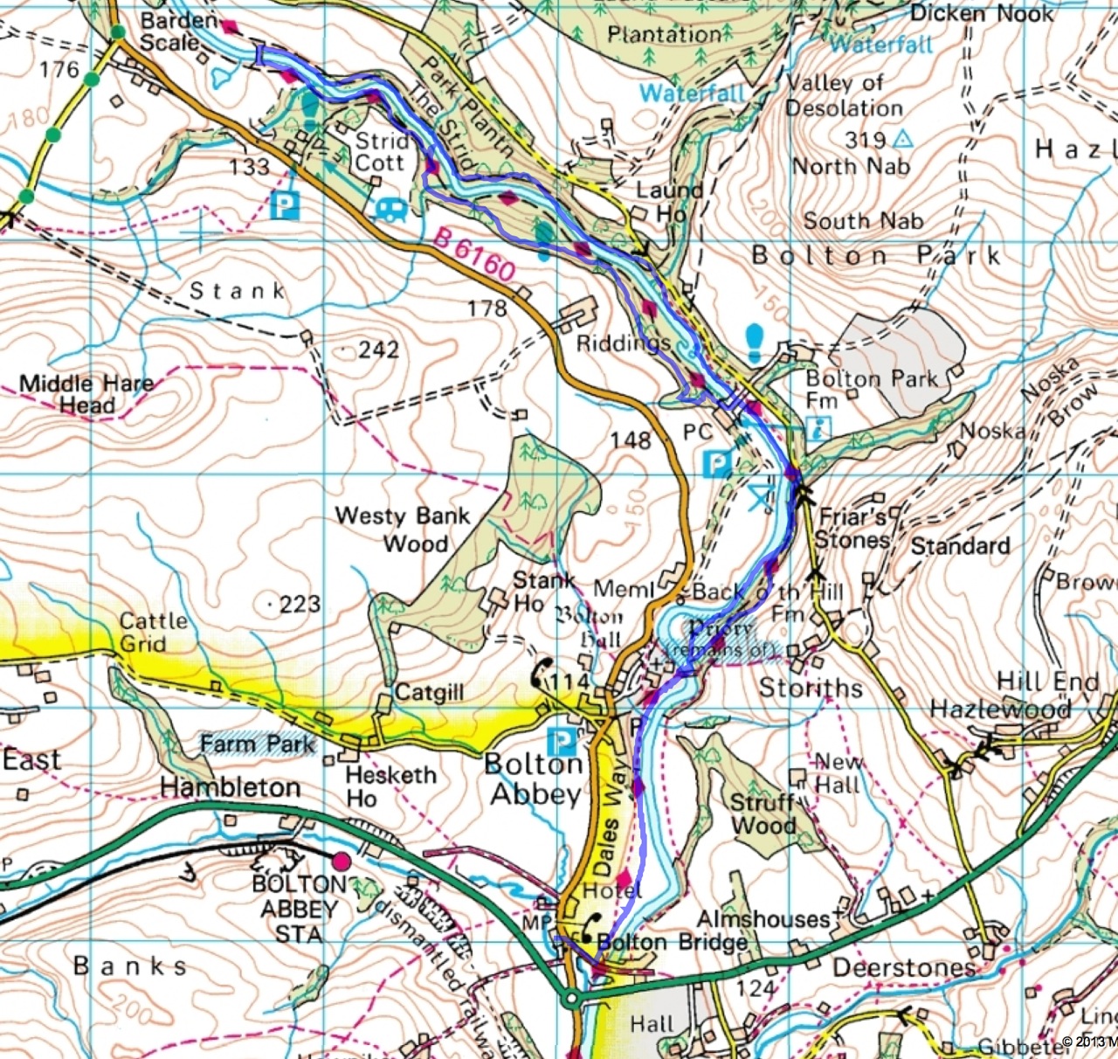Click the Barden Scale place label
point(178,31)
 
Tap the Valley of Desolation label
point(843,96)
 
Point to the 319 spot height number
point(865,139)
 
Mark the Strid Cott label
point(381,152)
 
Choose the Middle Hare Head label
point(86,394)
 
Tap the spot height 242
point(377,350)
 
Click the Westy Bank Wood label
point(403,529)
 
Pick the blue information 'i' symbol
point(819,427)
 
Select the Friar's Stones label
point(852,528)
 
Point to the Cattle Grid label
point(154,633)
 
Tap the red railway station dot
point(341,862)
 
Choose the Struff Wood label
point(763,813)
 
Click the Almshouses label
point(762,918)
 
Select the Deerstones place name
point(904,967)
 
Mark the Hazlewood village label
point(1000,709)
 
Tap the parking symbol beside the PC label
point(717,463)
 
